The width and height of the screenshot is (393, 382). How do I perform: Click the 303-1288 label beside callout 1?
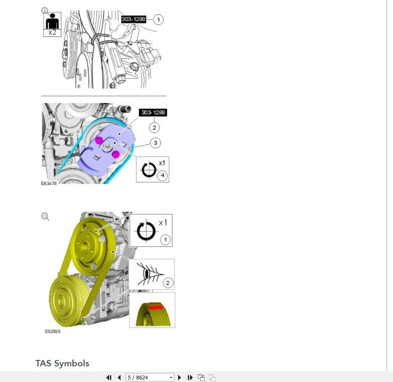[133, 19]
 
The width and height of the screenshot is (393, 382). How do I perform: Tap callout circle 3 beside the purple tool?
[155, 143]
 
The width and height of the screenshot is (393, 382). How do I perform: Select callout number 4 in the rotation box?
[162, 175]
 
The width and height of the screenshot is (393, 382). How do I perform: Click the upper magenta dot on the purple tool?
[99, 140]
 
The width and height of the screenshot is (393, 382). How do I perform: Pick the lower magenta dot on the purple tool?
[115, 154]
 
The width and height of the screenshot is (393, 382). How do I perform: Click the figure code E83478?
[49, 183]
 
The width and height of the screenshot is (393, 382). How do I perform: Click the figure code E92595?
[52, 331]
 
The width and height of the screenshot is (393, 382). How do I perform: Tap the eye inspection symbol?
[149, 274]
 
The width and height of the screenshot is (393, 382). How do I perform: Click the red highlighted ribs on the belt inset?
[155, 307]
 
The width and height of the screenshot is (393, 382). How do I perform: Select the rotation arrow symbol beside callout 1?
[146, 231]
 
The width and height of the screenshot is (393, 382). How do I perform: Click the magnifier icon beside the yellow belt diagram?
[45, 216]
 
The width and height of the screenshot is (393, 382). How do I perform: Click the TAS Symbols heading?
[63, 363]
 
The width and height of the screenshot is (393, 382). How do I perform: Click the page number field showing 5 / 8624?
[150, 377]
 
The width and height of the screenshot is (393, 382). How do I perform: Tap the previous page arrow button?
[119, 377]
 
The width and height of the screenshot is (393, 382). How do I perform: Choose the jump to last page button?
[190, 377]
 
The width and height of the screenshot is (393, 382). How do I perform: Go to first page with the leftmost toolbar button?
[109, 377]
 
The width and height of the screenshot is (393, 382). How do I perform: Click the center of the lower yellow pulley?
[60, 301]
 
